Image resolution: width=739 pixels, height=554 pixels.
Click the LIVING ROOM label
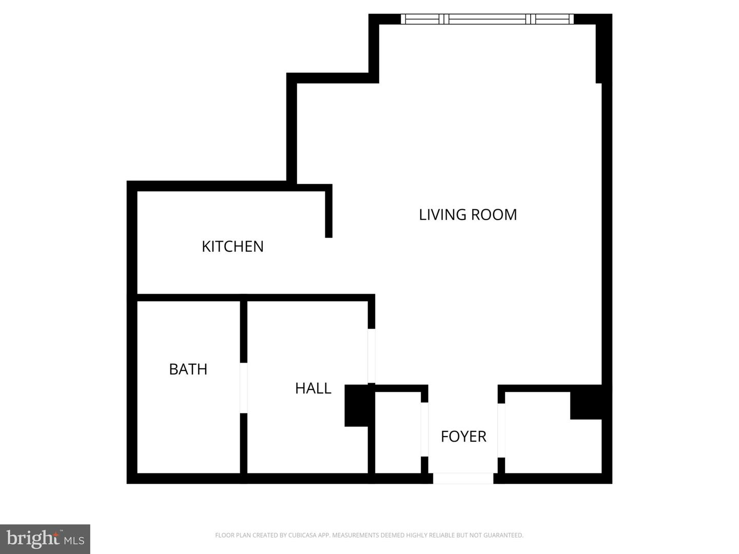tap(468, 214)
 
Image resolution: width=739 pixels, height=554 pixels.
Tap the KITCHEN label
tap(232, 246)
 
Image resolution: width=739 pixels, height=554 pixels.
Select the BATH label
tap(188, 369)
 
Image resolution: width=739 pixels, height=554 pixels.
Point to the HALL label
tap(313, 388)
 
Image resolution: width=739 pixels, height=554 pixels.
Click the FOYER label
tap(463, 436)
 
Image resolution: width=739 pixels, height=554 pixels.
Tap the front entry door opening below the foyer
tap(463, 478)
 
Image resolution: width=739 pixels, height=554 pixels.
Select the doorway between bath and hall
tap(244, 388)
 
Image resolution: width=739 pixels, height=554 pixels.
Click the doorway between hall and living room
tap(372, 355)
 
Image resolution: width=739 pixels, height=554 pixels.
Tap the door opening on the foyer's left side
tap(424, 429)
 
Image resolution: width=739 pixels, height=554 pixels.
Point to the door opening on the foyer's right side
tap(501, 430)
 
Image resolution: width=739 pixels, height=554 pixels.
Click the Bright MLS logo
tap(45, 539)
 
